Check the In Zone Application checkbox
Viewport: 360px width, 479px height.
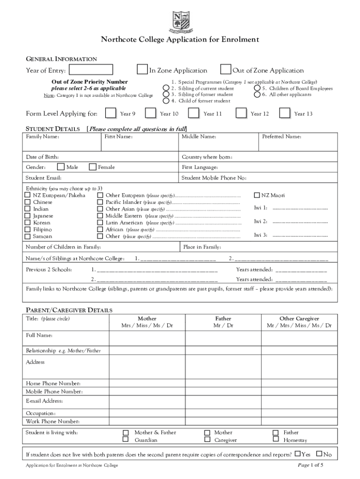[x=142, y=70]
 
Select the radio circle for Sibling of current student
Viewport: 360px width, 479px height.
[x=166, y=88]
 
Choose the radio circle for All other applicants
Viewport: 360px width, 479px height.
[x=257, y=94]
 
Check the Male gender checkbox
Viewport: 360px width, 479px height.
[x=61, y=167]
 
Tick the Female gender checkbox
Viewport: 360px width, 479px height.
[x=92, y=167]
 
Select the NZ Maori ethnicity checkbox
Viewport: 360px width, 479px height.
[x=257, y=195]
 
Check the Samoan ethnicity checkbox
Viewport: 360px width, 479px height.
[x=28, y=236]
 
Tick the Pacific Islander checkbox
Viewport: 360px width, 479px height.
[x=100, y=202]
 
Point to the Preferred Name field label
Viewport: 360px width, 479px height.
[x=281, y=137]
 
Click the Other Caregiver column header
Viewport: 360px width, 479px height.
[x=299, y=319]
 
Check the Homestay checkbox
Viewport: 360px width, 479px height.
[x=275, y=440]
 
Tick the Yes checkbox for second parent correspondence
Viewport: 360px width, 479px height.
[x=297, y=454]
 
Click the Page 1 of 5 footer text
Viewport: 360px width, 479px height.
[x=310, y=465]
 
